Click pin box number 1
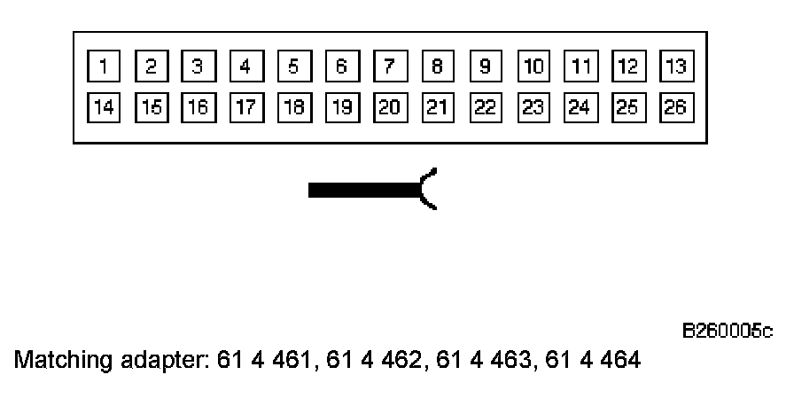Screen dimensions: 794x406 [104, 66]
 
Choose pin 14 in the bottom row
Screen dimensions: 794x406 [104, 107]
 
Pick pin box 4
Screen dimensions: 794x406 [245, 66]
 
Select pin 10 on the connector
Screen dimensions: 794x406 [533, 66]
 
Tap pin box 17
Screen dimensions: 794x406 [245, 107]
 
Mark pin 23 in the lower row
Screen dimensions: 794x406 [533, 107]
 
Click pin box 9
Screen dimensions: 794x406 [486, 66]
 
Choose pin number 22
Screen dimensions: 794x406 [486, 107]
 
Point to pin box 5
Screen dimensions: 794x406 [293, 66]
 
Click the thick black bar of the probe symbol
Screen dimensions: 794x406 [363, 189]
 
